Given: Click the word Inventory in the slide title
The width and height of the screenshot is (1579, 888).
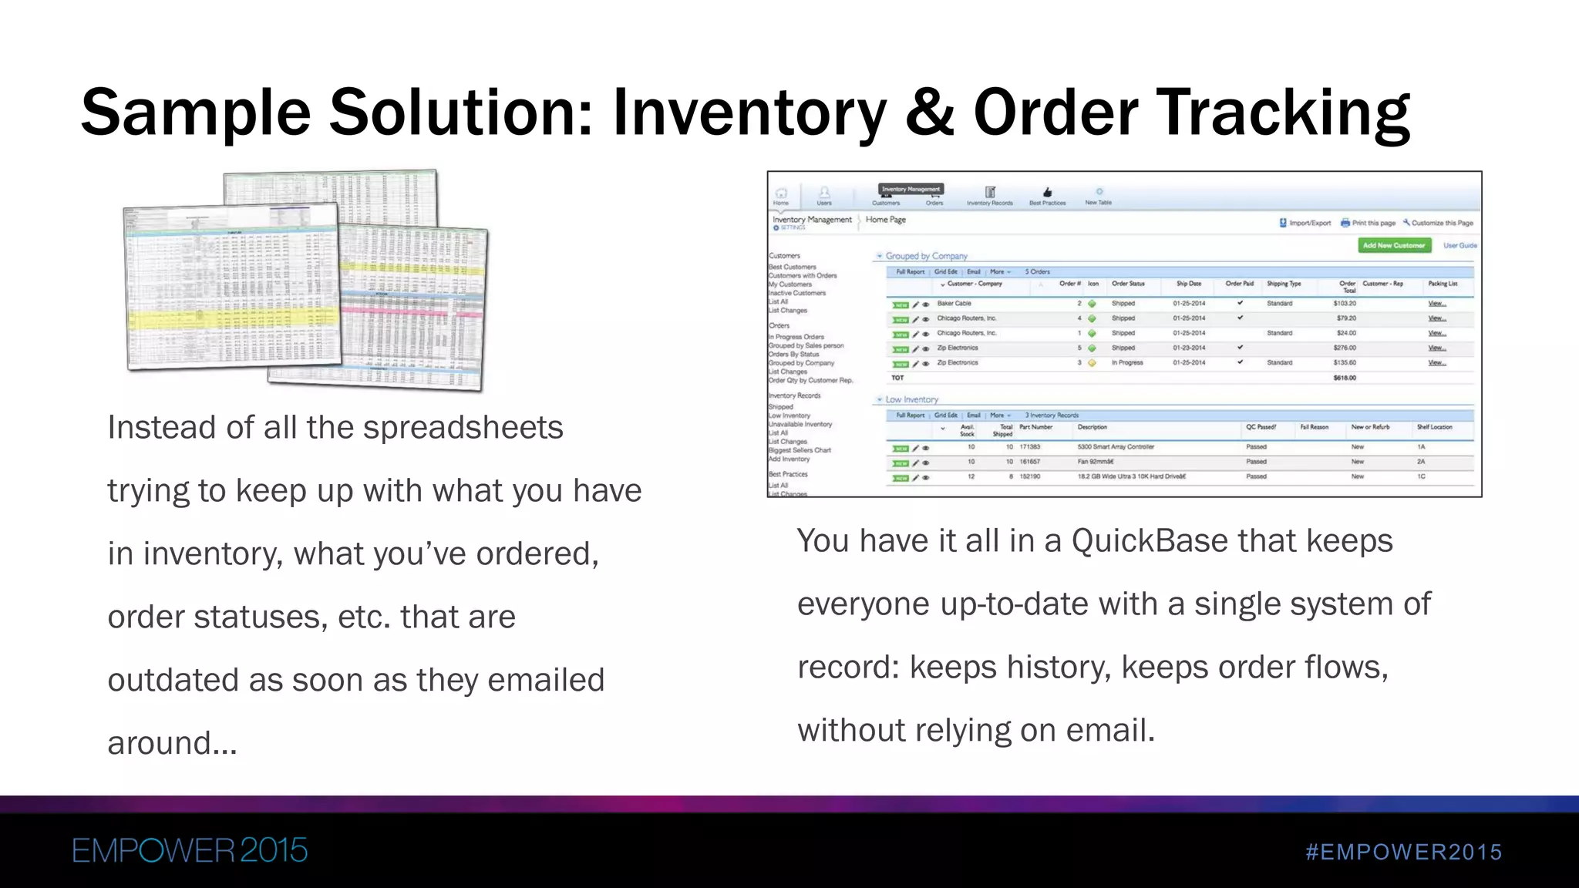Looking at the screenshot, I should [x=749, y=113].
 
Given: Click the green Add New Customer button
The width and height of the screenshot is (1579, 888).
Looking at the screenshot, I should [x=1393, y=245].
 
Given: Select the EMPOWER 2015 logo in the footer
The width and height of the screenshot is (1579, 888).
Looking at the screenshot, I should [x=190, y=851].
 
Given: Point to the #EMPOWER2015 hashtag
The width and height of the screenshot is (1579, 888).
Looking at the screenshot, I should [x=1403, y=852].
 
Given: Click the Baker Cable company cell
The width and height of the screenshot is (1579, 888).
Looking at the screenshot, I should [x=954, y=304].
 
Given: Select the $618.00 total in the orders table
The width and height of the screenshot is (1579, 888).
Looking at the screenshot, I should [x=1345, y=378].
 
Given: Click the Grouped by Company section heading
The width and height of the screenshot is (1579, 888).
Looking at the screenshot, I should [x=926, y=256].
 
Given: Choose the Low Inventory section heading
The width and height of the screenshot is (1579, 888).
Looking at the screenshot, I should [x=911, y=399].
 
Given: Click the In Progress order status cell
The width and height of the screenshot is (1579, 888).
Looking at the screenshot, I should [x=1126, y=362].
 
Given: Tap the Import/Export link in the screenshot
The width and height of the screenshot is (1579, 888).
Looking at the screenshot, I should [x=1309, y=223].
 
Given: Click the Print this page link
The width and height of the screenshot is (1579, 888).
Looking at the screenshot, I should [x=1372, y=223].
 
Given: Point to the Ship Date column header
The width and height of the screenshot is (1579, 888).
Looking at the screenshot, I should [x=1188, y=284].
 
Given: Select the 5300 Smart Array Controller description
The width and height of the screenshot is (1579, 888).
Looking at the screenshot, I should [x=1115, y=447].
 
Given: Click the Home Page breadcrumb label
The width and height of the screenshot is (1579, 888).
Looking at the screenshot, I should [x=885, y=220].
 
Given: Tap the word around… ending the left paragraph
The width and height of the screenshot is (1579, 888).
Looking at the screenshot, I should [x=172, y=744].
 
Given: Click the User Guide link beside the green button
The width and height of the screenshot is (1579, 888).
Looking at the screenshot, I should [x=1459, y=245].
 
